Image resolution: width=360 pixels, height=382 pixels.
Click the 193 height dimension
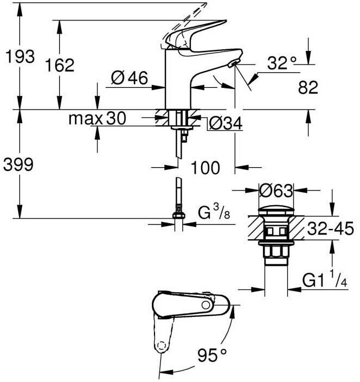click(20, 56)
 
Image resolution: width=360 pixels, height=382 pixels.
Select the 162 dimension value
click(60, 65)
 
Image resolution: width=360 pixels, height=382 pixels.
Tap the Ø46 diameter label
click(129, 78)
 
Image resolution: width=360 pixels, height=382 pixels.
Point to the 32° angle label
click(282, 63)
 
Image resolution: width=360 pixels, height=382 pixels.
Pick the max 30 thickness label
click(98, 118)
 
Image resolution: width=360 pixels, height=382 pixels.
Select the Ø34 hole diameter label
click(226, 123)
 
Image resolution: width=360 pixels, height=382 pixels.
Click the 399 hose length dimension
click(18, 164)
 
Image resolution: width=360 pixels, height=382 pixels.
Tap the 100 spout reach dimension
click(205, 168)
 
